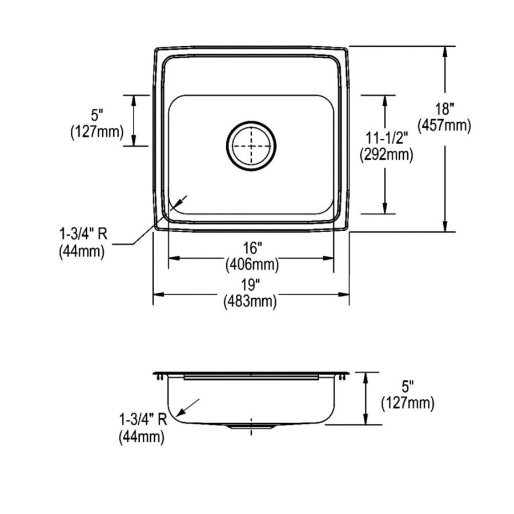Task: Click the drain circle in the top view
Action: coord(251,146)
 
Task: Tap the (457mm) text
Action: coord(445,125)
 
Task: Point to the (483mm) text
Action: coord(251,301)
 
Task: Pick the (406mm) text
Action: coord(251,264)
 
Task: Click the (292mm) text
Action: coord(385,154)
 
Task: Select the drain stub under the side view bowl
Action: coord(251,427)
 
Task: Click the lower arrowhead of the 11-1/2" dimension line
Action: coord(385,210)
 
